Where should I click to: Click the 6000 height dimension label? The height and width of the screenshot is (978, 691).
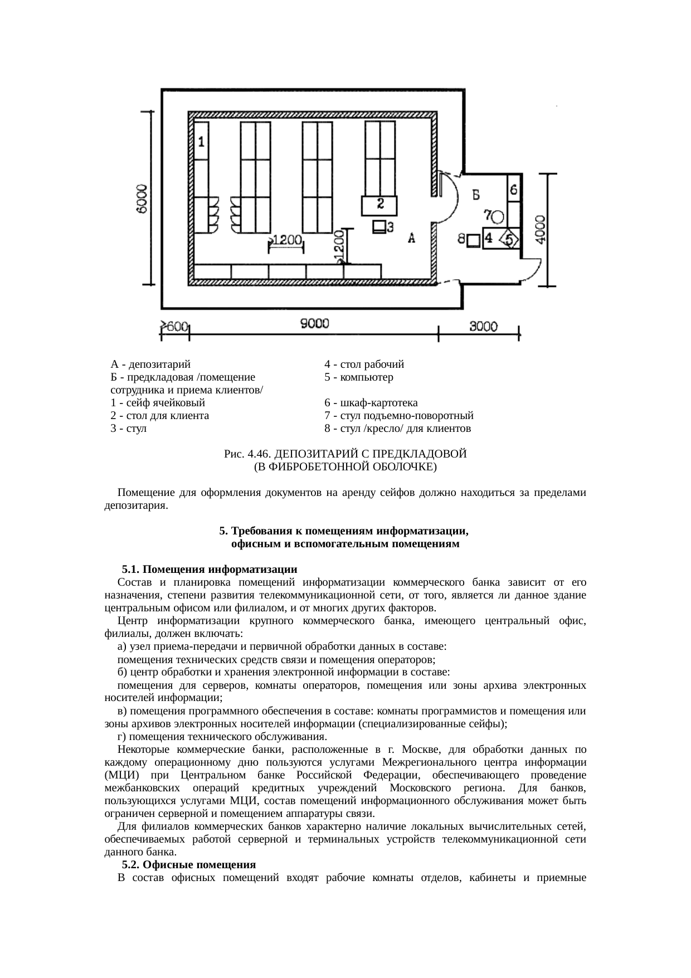143,198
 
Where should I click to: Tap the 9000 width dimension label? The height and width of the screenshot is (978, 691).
315,324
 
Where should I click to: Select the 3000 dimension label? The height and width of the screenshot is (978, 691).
483,327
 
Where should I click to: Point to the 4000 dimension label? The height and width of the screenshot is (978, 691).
540,228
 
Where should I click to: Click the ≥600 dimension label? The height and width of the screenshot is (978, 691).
174,328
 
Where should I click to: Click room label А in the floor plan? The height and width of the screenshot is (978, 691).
412,239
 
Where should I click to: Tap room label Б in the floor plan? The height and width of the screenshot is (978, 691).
476,194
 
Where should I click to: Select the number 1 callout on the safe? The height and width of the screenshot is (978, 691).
201,142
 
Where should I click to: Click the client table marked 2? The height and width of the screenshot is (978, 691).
379,205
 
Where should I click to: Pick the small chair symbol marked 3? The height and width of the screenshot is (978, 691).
379,227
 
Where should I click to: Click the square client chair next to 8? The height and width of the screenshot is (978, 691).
473,240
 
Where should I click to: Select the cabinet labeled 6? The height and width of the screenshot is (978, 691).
513,188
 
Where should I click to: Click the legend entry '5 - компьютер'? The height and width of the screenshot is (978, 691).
359,377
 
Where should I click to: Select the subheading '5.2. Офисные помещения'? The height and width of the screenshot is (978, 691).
189,864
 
